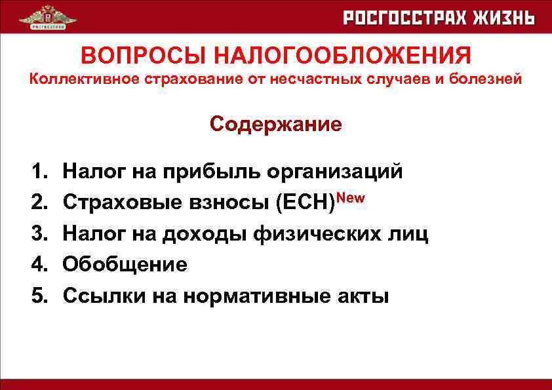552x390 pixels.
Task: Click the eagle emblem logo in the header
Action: pos(43,18)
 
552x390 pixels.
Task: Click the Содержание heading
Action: pos(276,124)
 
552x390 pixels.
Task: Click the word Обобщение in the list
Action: pos(125,265)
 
